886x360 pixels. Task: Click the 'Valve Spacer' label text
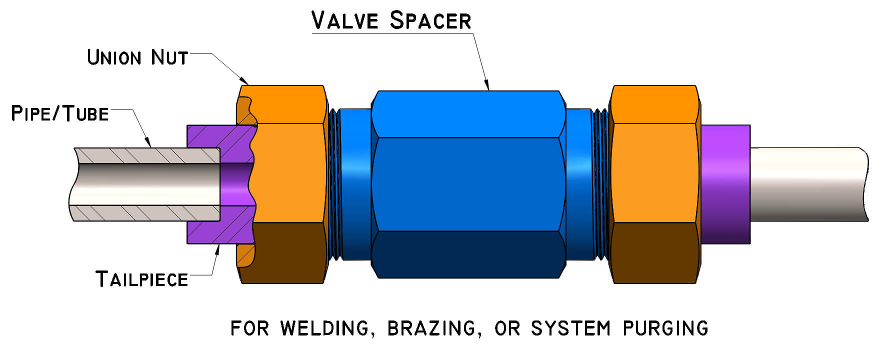[391, 20]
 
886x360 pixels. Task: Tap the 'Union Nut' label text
[137, 57]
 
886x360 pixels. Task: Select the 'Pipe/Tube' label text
[60, 114]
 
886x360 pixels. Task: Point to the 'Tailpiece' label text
[142, 279]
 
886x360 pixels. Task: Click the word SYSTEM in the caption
[570, 328]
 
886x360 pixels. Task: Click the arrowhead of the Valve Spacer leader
[488, 88]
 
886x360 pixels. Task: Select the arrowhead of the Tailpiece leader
[217, 247]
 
